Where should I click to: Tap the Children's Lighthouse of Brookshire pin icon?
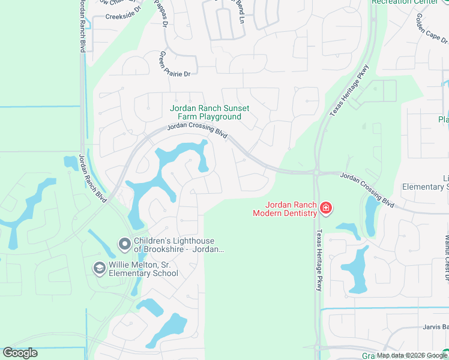point(124,244)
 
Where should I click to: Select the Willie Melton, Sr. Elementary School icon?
point(99,268)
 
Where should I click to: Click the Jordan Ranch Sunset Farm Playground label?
point(205,112)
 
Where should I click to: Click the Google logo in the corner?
point(20,352)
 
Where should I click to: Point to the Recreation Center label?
point(405,2)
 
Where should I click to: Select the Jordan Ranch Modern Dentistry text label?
point(285,208)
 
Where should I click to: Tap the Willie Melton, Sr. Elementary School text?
point(143,268)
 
